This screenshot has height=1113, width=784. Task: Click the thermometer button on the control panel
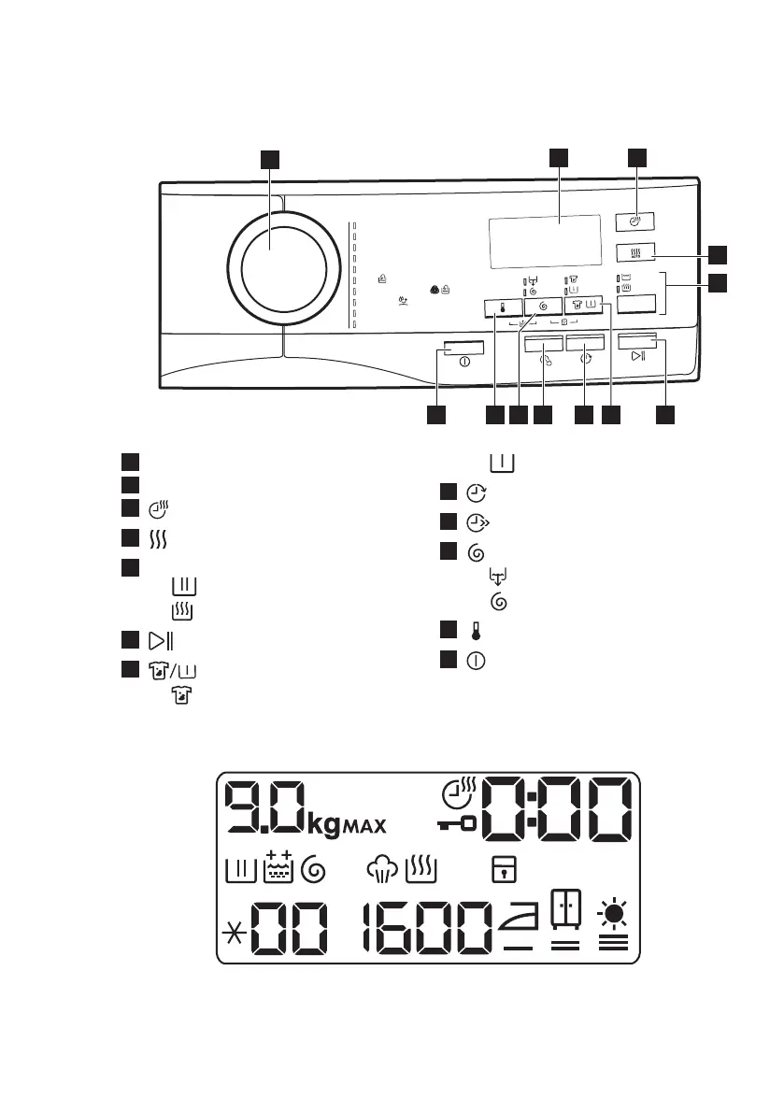(x=503, y=307)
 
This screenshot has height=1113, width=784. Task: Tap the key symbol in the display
(x=457, y=825)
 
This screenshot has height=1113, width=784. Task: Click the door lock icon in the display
(x=501, y=870)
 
